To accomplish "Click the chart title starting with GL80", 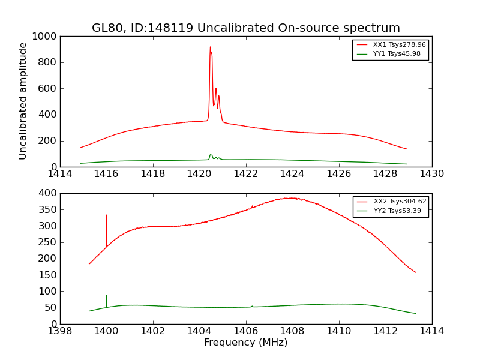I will [x=245, y=28].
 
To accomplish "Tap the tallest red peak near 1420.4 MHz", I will [x=210, y=48].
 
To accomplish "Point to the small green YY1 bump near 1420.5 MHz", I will [x=211, y=155].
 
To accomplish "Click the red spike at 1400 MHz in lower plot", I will [x=107, y=216].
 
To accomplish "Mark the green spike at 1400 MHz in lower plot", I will [x=107, y=296].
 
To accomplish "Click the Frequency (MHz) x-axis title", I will [x=245, y=343].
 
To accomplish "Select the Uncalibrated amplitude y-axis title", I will [x=23, y=101].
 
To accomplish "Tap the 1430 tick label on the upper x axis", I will [x=431, y=174].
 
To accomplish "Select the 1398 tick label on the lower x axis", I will [x=60, y=331].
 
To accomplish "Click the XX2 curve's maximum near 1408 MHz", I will [x=291, y=198].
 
